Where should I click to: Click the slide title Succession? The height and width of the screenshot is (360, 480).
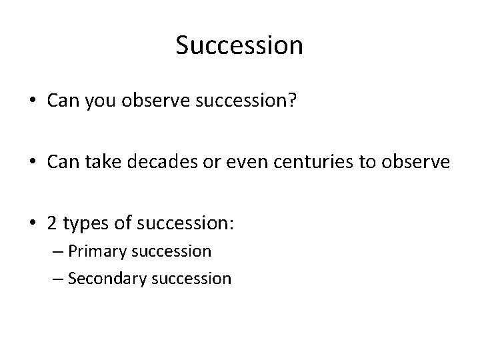[x=239, y=45]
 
